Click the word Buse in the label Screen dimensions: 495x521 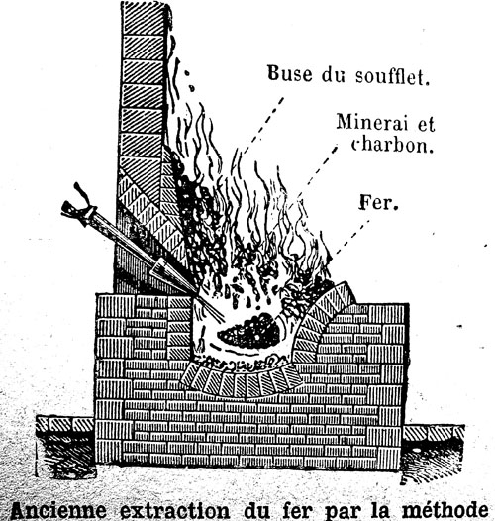(x=290, y=73)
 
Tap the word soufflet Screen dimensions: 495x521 (x=392, y=76)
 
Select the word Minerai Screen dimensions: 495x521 (x=372, y=122)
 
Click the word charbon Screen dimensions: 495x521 (x=392, y=145)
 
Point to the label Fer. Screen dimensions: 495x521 (x=378, y=202)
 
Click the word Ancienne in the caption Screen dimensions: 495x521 (x=58, y=510)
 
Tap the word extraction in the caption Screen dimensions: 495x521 (x=175, y=510)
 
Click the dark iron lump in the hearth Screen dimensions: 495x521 (x=249, y=331)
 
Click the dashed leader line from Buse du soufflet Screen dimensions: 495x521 (x=261, y=126)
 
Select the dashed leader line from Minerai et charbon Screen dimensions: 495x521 (x=316, y=172)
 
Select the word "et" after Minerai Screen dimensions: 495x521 (x=426, y=124)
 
